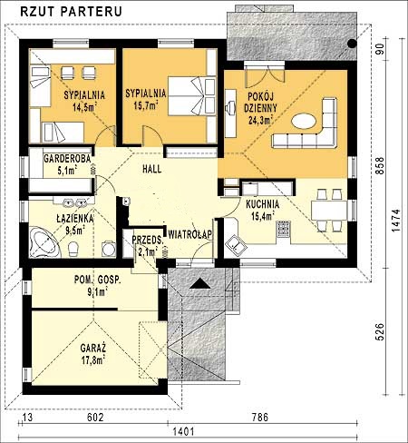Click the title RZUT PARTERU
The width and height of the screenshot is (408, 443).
coord(71,11)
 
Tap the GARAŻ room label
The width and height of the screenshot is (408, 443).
coord(93,348)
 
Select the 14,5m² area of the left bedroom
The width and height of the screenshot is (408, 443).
coord(84,106)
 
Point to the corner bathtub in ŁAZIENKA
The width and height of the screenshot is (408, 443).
coord(44,242)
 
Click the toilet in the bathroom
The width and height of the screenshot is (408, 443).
coord(73,249)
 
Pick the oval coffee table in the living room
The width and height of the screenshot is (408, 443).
coord(304,121)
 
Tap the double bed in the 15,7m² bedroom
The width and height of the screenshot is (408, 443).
coord(192,96)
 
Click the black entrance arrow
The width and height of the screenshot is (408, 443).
coord(199,284)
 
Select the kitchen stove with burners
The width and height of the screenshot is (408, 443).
coord(283,229)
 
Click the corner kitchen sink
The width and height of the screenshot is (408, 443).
coord(236,244)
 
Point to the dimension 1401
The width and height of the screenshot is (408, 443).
coord(183,431)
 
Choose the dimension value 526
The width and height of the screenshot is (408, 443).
coord(381,331)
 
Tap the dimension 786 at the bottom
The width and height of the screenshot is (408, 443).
coord(260,418)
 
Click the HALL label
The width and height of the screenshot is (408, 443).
coord(151,169)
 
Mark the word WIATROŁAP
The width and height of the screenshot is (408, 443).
coord(189,234)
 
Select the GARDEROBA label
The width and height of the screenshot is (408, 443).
coord(67,159)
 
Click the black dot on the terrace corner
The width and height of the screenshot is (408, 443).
coord(352,44)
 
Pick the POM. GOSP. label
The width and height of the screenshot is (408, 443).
coord(97,280)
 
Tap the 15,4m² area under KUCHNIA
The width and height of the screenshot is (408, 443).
coord(262,216)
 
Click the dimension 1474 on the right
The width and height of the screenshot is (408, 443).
coord(396,221)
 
